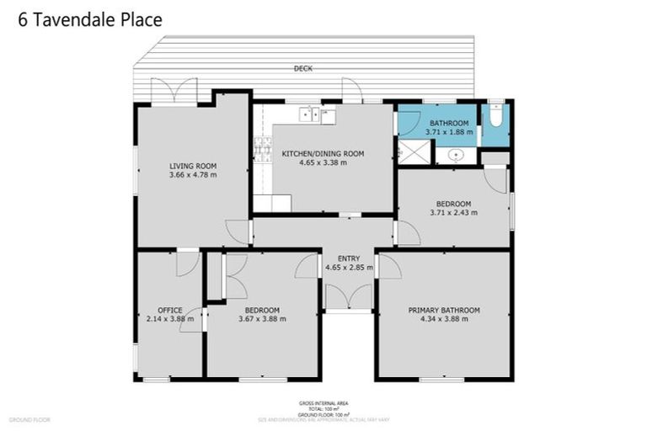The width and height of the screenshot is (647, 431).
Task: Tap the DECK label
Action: [x=303, y=68]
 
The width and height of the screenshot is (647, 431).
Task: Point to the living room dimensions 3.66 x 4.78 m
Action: [x=193, y=175]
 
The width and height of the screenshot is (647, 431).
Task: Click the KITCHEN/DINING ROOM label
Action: [x=323, y=153]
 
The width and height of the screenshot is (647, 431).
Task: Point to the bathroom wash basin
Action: [x=456, y=155]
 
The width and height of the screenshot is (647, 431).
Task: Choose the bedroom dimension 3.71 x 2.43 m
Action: [x=453, y=212]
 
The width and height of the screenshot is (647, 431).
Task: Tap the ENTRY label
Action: [x=348, y=258]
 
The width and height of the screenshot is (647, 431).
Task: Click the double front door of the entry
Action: [x=348, y=296]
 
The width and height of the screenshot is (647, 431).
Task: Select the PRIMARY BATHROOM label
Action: [x=444, y=310]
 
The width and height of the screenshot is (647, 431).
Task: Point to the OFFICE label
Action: [x=169, y=310]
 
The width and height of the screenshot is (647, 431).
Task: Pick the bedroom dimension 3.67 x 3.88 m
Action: [x=262, y=319]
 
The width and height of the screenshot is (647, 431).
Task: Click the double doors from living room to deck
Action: [x=174, y=91]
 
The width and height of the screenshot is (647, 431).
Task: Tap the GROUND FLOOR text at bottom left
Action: [x=29, y=419]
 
